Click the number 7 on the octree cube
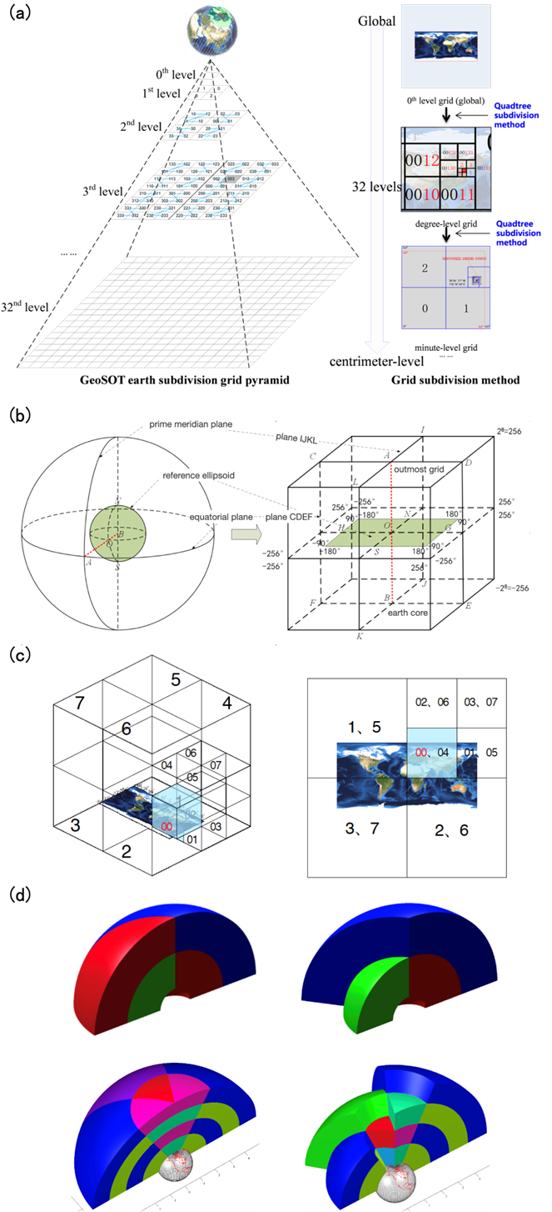point(79,704)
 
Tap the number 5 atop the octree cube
point(175,680)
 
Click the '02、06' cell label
point(431,703)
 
